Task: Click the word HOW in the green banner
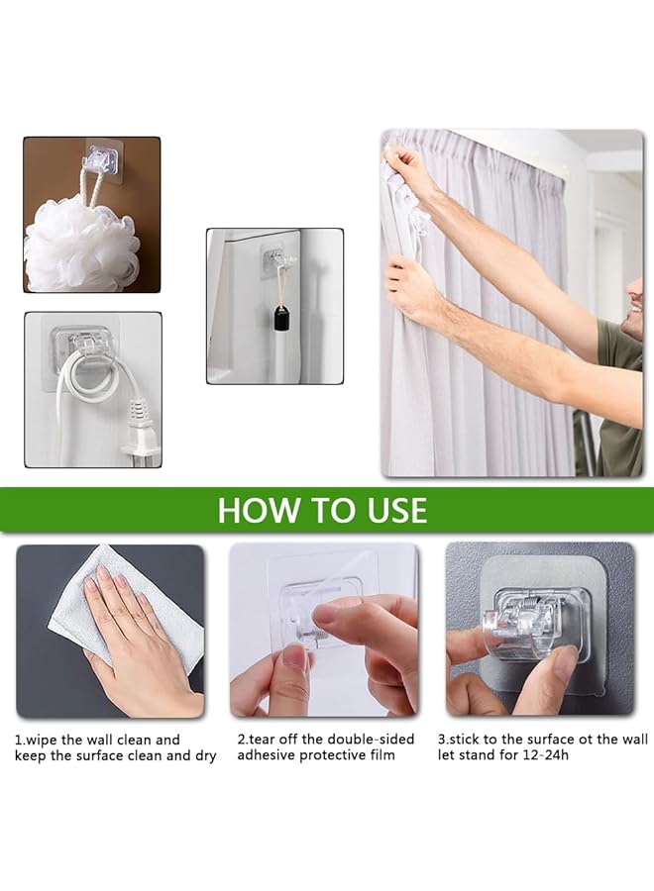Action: click(252, 510)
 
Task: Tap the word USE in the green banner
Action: click(397, 510)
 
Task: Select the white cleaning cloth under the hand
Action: click(125, 619)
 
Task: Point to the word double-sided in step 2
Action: click(371, 740)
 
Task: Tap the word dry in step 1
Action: click(205, 755)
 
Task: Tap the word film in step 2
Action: click(382, 755)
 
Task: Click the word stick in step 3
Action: click(465, 740)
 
